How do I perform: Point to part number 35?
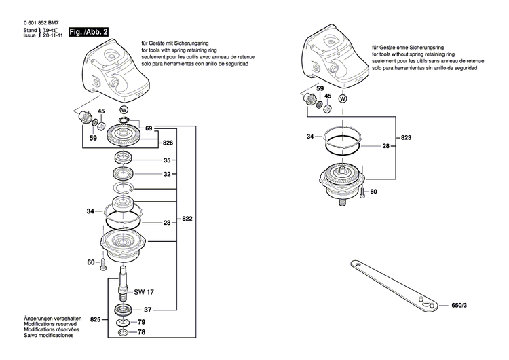click(167, 161)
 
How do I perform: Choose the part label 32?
click(167, 175)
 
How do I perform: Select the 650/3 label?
click(459, 306)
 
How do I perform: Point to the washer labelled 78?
click(123, 334)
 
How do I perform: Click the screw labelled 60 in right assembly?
click(363, 194)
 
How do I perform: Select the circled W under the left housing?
click(124, 109)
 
